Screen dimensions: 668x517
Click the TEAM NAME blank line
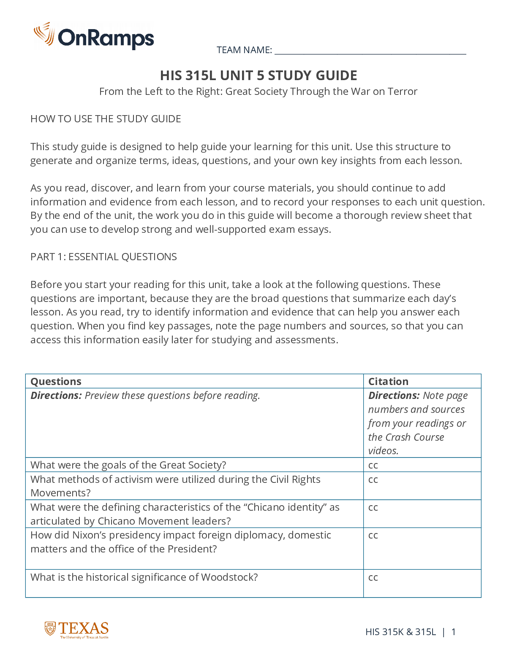[x=370, y=51]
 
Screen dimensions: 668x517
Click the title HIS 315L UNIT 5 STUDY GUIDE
[x=258, y=75]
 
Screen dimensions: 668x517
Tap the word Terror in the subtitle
[x=403, y=92]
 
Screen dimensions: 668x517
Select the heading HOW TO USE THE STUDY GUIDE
[x=106, y=119]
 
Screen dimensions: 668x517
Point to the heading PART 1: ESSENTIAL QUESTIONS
[x=103, y=257]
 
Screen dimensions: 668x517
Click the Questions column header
[x=56, y=382]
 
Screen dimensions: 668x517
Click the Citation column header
[x=388, y=382]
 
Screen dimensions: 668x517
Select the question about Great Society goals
[x=128, y=465]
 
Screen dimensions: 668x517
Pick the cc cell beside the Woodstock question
[x=373, y=577]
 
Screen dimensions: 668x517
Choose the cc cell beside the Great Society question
[x=373, y=465]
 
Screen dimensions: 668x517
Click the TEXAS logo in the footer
[x=77, y=630]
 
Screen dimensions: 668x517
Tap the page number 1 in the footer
[x=453, y=632]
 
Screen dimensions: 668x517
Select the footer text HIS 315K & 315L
[x=400, y=632]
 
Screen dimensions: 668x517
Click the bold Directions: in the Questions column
[x=56, y=396]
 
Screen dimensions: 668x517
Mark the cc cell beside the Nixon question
[x=373, y=535]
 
